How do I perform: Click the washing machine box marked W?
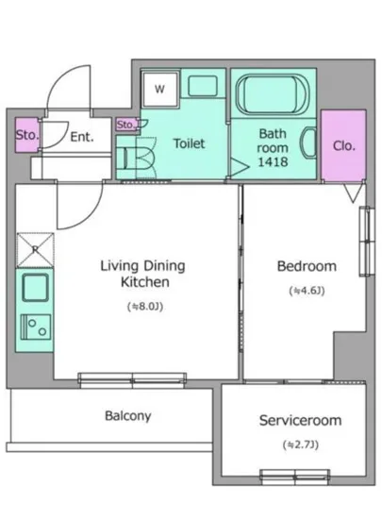160,89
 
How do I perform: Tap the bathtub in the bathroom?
273,94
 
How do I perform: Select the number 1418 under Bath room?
273,162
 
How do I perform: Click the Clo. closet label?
344,145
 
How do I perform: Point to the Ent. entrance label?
82,137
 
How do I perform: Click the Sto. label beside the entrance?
27,135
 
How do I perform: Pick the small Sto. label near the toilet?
125,125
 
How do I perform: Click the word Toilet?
190,143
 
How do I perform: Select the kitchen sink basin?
35,287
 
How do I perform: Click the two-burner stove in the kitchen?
36,326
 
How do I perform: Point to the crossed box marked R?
36,249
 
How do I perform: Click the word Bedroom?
307,266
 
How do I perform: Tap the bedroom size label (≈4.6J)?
307,291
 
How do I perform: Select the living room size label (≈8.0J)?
145,307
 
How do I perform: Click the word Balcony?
128,416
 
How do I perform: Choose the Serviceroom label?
300,420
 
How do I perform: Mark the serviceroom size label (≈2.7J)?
300,444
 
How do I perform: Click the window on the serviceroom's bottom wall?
294,477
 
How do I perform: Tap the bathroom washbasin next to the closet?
307,142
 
